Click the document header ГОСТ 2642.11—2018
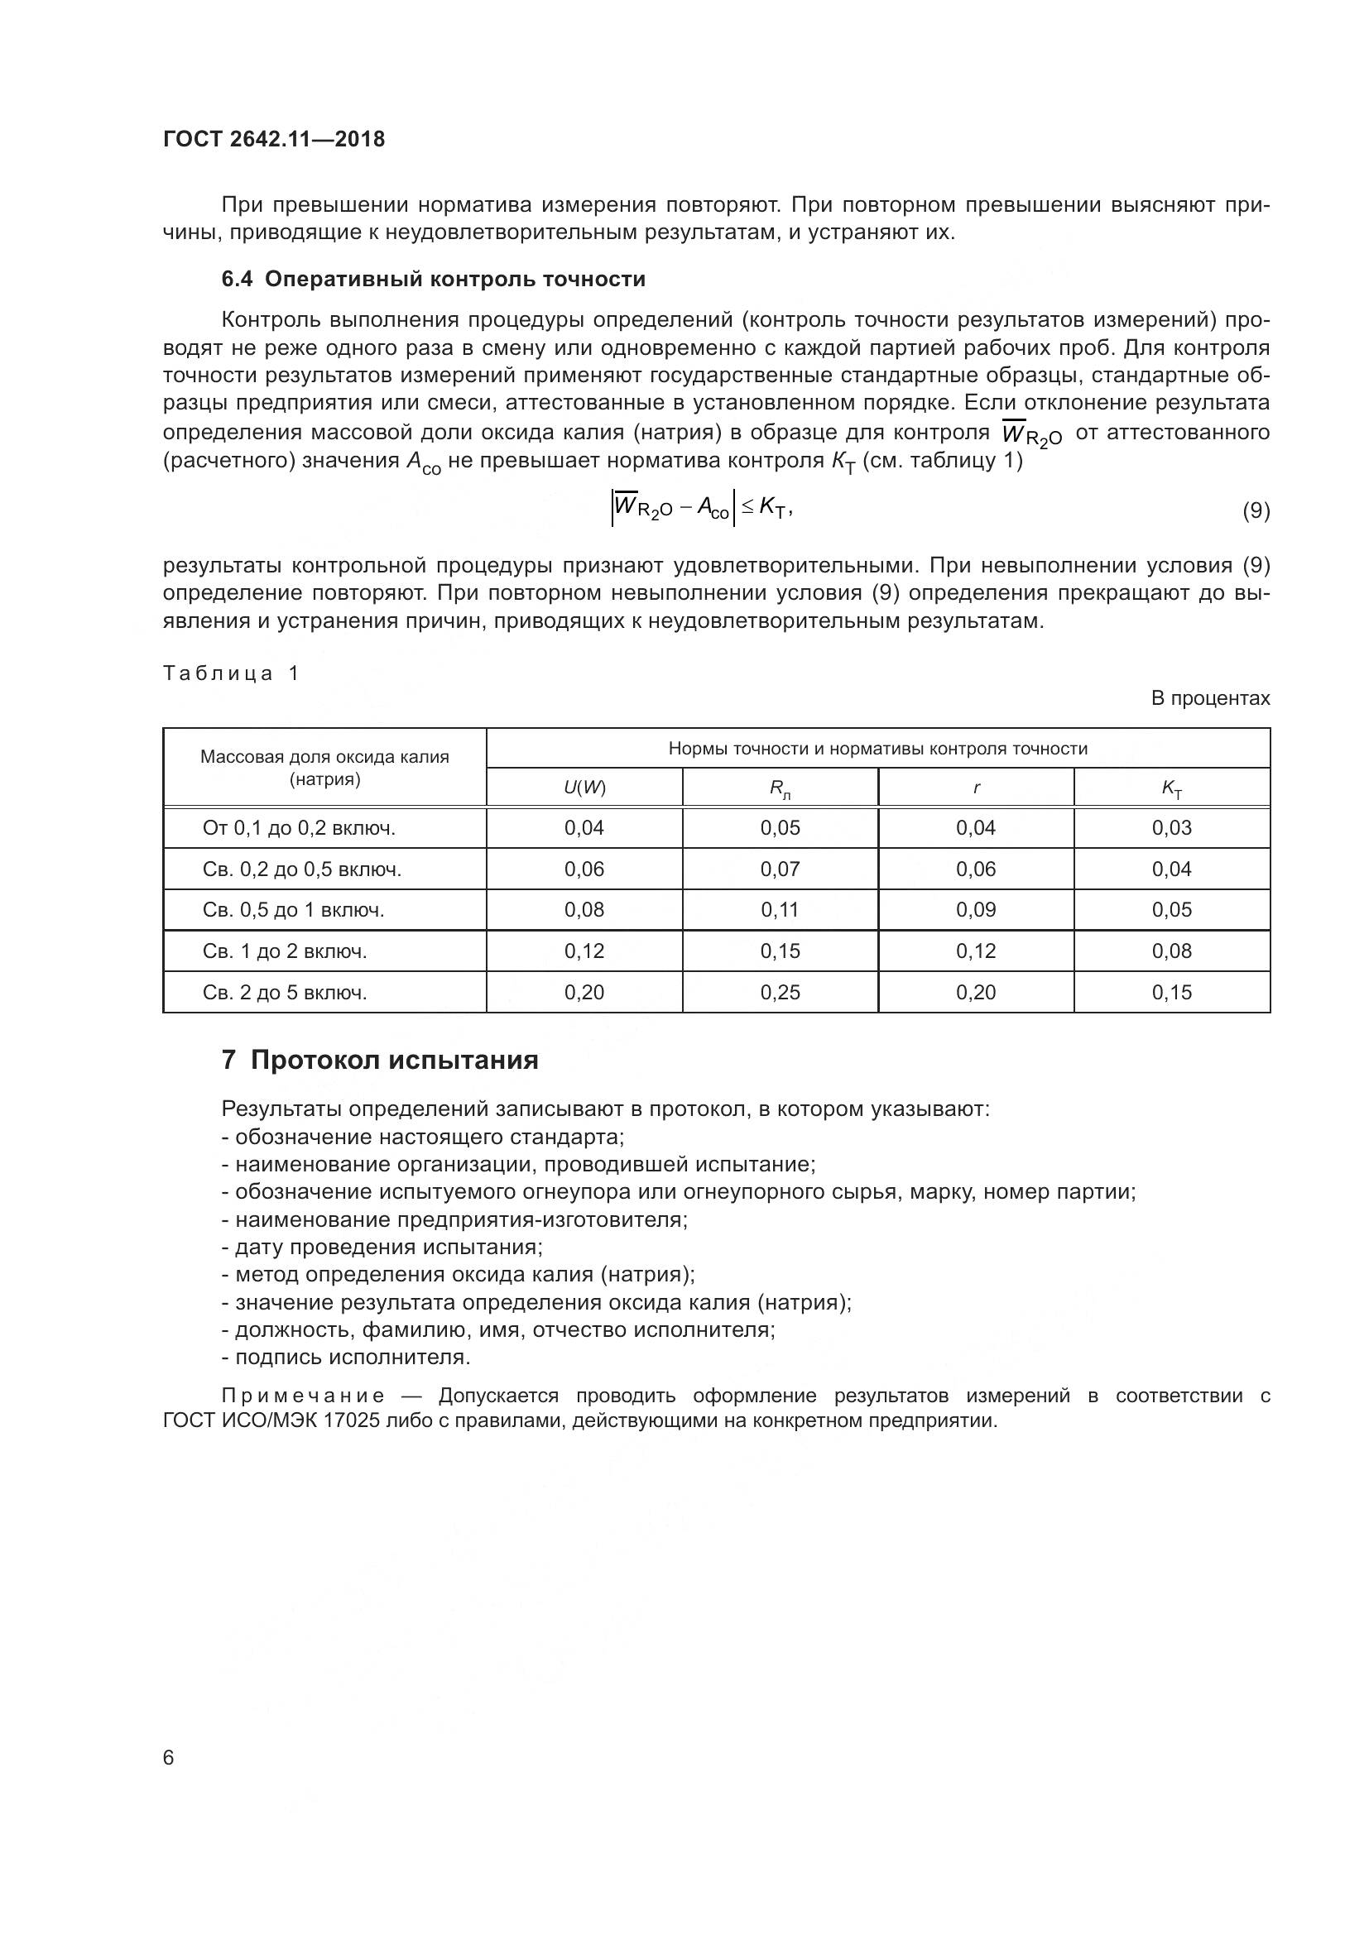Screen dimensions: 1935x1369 point(273,139)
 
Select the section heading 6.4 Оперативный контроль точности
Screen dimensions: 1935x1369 point(433,279)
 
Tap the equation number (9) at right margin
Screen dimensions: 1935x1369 point(1256,510)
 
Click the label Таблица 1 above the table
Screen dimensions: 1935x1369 point(231,673)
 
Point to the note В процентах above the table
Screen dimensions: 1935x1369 point(1210,698)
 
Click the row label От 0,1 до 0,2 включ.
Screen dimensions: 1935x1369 point(300,827)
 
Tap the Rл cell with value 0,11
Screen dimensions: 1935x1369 point(780,909)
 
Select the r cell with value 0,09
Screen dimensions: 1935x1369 point(975,909)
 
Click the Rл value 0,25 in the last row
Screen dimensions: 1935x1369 point(780,992)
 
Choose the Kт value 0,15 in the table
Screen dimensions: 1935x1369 point(1172,992)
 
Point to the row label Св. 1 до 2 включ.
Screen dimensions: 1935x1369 point(285,951)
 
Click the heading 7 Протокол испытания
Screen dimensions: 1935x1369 point(379,1060)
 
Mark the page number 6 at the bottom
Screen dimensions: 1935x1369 point(169,1757)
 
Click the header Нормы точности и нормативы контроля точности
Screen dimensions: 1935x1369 point(877,749)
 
